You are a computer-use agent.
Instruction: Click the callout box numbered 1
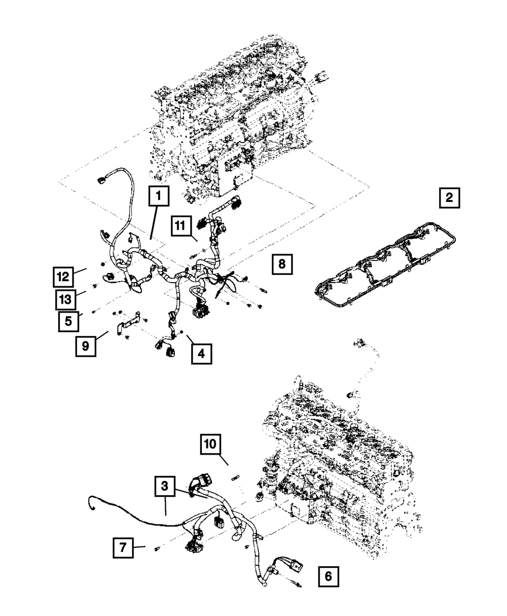pos(159,195)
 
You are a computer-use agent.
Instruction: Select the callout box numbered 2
pos(449,198)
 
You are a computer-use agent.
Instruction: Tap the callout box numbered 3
pos(165,486)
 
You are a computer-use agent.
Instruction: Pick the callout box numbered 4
pos(202,354)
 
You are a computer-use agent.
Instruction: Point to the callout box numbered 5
pos(68,321)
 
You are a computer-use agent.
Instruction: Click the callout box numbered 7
pos(123,548)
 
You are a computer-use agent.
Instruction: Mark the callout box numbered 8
pos(282,264)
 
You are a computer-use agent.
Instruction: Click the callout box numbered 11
pos(181,226)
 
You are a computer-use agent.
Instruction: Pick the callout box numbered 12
pos(63,277)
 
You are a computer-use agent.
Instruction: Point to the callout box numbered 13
pos(65,300)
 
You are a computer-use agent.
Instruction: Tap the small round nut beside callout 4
pos(182,332)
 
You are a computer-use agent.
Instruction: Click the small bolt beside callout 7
pos(156,548)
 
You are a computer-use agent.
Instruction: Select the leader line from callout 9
pos(102,336)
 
